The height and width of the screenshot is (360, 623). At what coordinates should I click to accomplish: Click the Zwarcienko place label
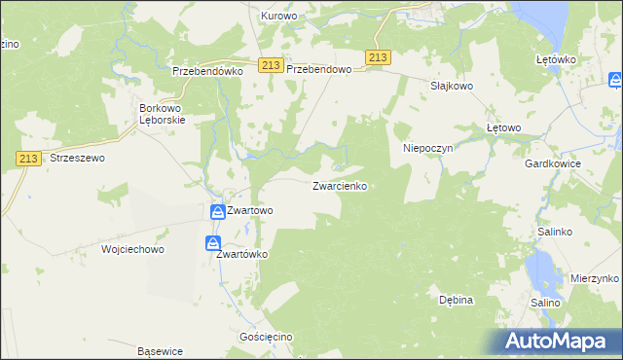click(339, 186)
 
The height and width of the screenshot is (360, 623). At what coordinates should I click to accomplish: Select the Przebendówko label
click(206, 71)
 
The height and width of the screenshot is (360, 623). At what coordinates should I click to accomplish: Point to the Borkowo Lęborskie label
click(163, 114)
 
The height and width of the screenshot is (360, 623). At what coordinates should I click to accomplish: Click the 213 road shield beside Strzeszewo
click(27, 157)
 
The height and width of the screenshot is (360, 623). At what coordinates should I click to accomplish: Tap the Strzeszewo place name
click(77, 157)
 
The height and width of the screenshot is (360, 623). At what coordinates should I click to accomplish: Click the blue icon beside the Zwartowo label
click(217, 210)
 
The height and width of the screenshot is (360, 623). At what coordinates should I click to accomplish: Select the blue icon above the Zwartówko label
click(213, 243)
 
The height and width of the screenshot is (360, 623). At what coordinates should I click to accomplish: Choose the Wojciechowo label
click(132, 249)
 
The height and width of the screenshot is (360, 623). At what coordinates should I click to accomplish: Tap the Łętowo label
click(504, 127)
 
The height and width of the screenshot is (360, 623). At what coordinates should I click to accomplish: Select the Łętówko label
click(557, 59)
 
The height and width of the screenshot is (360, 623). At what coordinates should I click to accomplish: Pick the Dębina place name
click(455, 300)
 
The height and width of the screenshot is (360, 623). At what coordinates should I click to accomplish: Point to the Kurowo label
click(278, 17)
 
